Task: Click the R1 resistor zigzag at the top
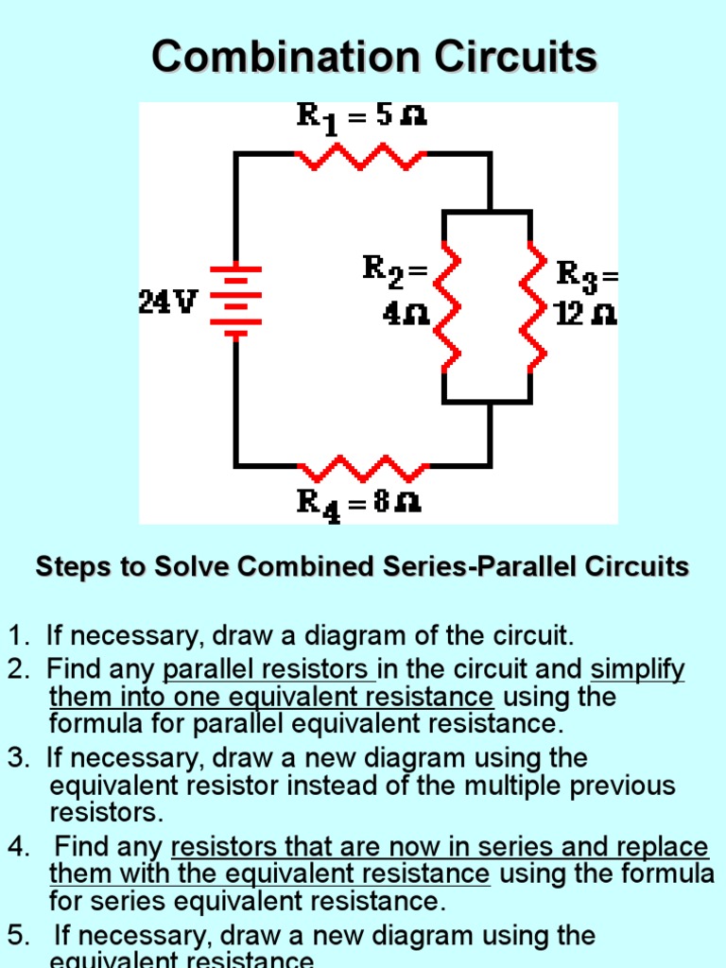[x=362, y=156]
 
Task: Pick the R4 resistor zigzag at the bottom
[x=364, y=467]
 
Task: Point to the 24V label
[x=168, y=302]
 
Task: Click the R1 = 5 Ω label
[x=362, y=117]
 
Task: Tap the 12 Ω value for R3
[x=586, y=314]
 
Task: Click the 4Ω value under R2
[x=406, y=315]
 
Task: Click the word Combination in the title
[x=285, y=58]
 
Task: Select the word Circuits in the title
[x=516, y=58]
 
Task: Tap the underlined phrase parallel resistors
[x=268, y=670]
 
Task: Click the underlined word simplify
[x=637, y=670]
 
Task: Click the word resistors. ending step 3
[x=106, y=813]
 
